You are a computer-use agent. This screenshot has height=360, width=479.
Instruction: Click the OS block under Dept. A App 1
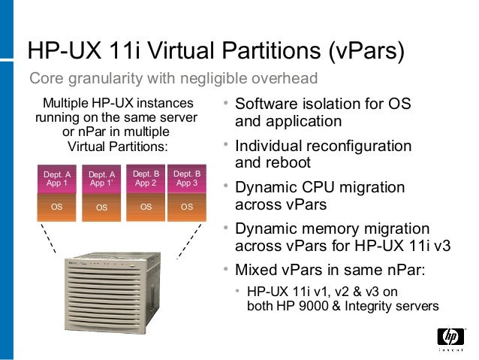click(x=57, y=206)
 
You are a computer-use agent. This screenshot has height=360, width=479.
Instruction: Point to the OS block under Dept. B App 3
click(x=187, y=206)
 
